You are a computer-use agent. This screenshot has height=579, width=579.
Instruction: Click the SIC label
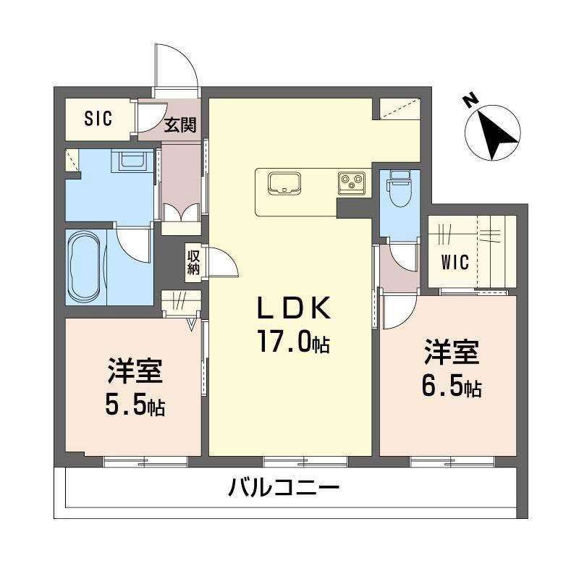click(x=98, y=119)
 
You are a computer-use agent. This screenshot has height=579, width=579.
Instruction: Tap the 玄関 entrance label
click(x=179, y=124)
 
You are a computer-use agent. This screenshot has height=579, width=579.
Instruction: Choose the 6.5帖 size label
click(x=451, y=387)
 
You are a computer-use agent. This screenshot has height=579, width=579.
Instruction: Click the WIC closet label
click(x=456, y=262)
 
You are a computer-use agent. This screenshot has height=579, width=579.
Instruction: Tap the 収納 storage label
click(x=193, y=262)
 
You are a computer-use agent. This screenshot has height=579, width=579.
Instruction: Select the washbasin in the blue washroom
click(x=133, y=161)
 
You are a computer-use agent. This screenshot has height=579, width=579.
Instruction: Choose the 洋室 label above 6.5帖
click(x=451, y=354)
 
